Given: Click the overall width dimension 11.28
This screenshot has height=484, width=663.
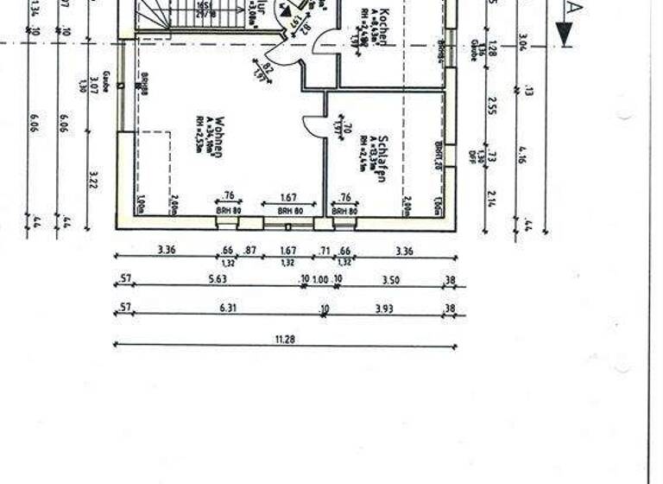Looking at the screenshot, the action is coord(285,340).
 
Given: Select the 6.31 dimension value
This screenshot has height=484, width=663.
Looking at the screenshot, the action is coord(228,308).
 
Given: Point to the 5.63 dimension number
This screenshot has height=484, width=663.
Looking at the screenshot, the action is coord(217,279).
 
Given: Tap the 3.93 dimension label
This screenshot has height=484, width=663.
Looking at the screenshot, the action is coord(384,308).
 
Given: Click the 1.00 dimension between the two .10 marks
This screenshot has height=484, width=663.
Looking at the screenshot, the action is coord(320,279).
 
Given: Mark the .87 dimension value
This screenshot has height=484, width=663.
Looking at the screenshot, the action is coord(250,250).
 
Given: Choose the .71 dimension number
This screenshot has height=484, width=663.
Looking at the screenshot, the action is coord(325,250).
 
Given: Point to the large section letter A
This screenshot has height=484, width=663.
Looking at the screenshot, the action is coord(572,8).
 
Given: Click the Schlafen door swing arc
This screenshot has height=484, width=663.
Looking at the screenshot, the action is coord(310,125).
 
